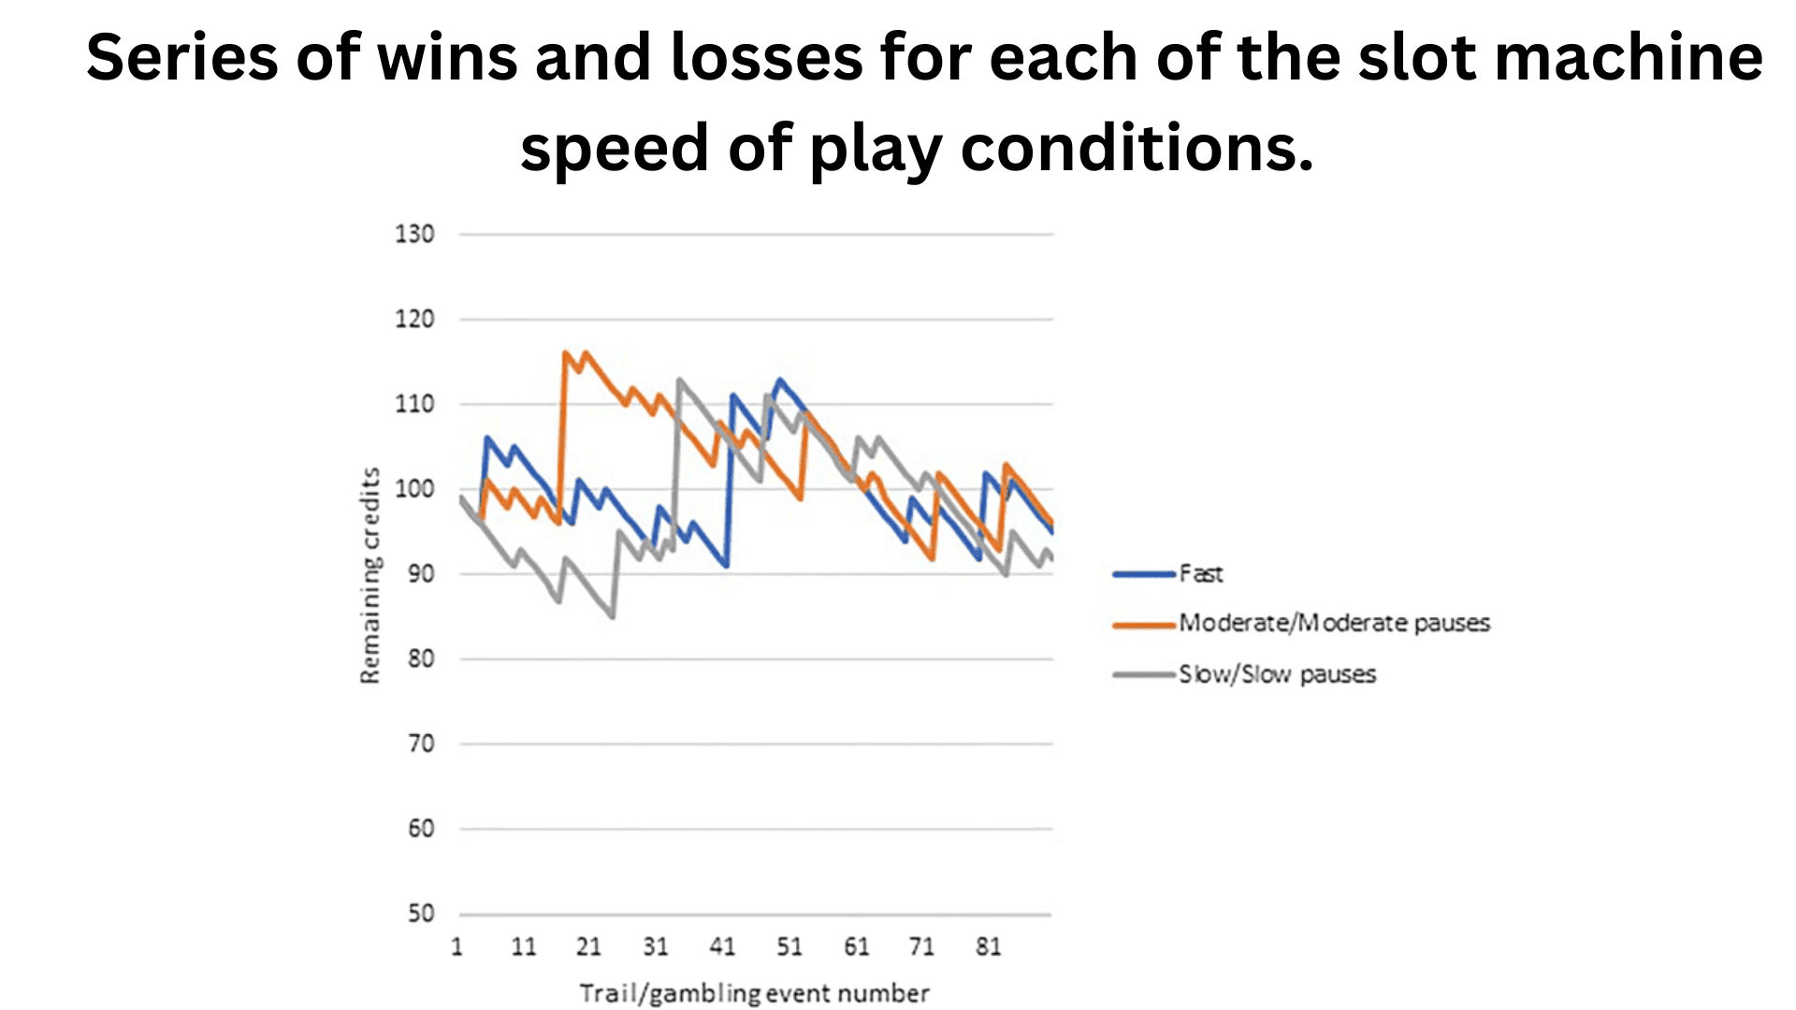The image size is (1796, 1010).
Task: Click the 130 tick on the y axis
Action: tap(414, 234)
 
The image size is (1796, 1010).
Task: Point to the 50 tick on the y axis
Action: tap(421, 914)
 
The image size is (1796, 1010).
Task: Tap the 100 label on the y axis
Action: tap(414, 489)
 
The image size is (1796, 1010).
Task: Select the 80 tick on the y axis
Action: tap(421, 659)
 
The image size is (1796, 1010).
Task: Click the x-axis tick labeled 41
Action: tap(722, 947)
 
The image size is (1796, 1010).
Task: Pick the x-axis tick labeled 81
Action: tap(988, 947)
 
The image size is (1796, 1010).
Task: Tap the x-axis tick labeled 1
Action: tap(457, 947)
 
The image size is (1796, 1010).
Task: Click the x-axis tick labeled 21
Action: tap(588, 947)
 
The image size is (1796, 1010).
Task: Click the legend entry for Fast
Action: tap(1200, 574)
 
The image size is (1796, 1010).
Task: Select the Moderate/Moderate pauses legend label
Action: tap(1334, 624)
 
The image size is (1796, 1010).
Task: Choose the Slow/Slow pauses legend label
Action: tap(1277, 674)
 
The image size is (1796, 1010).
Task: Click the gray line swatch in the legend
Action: tap(1143, 674)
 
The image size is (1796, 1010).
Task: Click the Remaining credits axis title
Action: tap(370, 575)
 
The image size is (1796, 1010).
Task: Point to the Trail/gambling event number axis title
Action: tap(754, 993)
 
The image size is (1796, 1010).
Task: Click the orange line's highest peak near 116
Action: tap(565, 353)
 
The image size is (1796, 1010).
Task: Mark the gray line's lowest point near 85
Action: tap(612, 617)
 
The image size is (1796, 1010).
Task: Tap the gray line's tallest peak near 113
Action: tap(679, 380)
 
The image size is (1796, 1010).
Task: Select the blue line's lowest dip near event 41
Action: tap(726, 566)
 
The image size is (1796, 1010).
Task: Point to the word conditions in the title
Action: tap(1137, 149)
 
